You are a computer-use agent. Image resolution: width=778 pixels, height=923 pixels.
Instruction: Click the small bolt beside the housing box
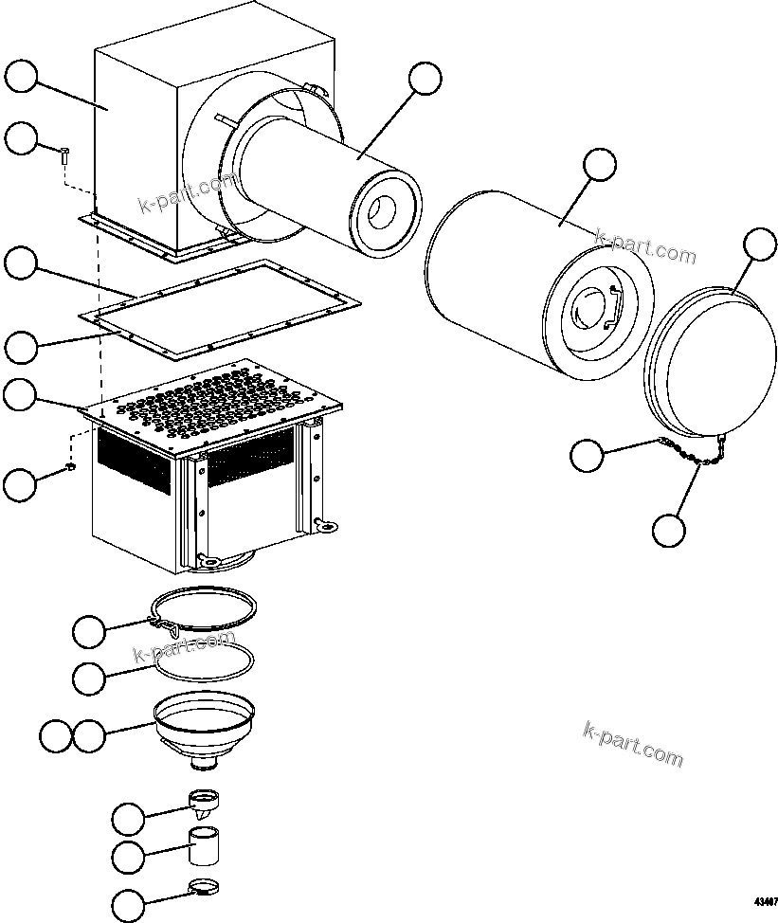tap(63, 154)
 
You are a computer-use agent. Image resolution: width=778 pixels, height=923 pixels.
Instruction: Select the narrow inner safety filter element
tap(322, 180)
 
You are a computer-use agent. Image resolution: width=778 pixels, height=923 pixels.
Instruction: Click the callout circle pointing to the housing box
tap(22, 76)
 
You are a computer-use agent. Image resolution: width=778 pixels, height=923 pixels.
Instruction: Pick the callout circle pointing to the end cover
tap(759, 244)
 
